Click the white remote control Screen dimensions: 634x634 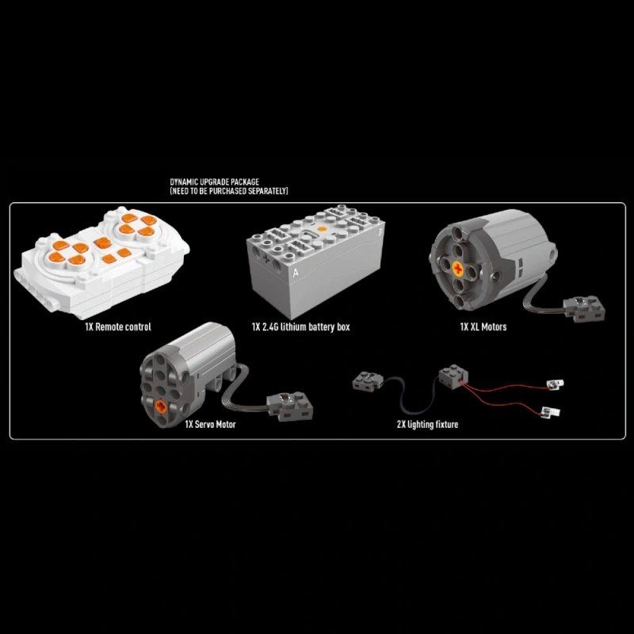pos(101,262)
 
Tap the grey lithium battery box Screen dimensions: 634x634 pos(315,262)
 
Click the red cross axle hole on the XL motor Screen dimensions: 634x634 pos(458,268)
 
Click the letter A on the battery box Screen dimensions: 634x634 pos(296,273)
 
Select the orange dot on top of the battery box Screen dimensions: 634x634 pos(322,229)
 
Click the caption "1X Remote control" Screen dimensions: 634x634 pos(118,327)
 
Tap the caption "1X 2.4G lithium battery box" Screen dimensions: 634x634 pos(301,327)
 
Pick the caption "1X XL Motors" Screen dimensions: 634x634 pos(483,327)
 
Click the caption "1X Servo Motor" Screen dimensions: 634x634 pos(210,424)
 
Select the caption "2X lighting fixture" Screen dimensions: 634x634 pos(427,424)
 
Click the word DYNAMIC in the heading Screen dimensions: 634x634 pos(184,182)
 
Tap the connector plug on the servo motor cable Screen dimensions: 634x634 pos(290,406)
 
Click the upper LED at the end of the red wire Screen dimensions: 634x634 pos(555,384)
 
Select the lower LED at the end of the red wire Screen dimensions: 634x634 pos(551,412)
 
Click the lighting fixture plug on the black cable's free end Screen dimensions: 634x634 pos(368,382)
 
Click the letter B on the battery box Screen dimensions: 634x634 pos(380,232)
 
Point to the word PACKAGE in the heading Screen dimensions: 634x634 pos(245,182)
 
